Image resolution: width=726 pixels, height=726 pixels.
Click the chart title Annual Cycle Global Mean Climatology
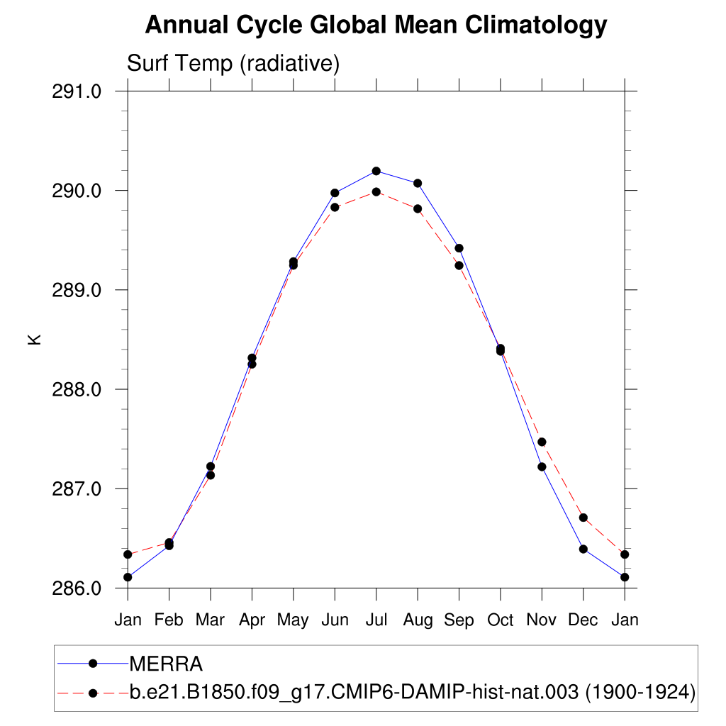pyautogui.click(x=376, y=26)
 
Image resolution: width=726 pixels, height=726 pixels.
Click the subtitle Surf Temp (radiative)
pyautogui.click(x=233, y=64)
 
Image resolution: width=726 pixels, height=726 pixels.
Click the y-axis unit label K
pyautogui.click(x=34, y=340)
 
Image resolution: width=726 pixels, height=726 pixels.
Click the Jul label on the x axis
pyautogui.click(x=376, y=620)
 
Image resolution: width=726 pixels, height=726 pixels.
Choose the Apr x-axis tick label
pyautogui.click(x=252, y=620)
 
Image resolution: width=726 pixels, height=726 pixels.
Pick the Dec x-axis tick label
pyautogui.click(x=583, y=620)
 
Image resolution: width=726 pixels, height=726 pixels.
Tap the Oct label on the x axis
pyautogui.click(x=500, y=620)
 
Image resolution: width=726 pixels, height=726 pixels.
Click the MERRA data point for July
pyautogui.click(x=376, y=171)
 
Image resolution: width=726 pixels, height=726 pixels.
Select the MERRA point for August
pyautogui.click(x=418, y=183)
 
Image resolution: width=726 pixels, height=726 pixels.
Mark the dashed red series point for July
pyautogui.click(x=376, y=191)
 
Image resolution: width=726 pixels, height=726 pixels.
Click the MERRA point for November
pyautogui.click(x=542, y=467)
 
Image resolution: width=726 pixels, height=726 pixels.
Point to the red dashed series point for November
pyautogui.click(x=542, y=442)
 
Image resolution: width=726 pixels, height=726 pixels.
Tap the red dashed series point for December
pyautogui.click(x=583, y=518)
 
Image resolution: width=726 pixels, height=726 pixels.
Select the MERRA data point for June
pyautogui.click(x=335, y=193)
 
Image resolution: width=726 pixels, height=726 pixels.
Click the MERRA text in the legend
pyautogui.click(x=166, y=664)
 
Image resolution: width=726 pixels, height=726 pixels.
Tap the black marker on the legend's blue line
pyautogui.click(x=92, y=664)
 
